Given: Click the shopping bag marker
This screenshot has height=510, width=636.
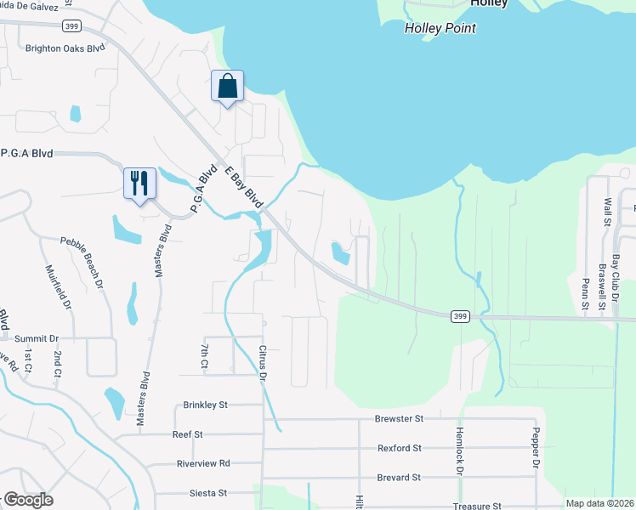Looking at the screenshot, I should [227, 87].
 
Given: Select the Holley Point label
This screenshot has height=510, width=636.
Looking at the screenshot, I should [440, 28].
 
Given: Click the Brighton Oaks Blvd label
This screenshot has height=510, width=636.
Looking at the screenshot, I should [65, 48].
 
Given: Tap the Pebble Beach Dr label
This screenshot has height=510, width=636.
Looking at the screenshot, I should [82, 261].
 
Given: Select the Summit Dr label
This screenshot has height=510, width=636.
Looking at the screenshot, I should [37, 338].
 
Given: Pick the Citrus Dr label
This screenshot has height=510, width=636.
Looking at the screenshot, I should [264, 362].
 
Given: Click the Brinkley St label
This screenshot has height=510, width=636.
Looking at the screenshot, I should [206, 405].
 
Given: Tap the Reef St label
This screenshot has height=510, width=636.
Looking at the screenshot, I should [187, 434].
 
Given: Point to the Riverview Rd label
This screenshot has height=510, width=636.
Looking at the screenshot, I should [203, 463].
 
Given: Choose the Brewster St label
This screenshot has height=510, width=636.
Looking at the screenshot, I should [399, 419].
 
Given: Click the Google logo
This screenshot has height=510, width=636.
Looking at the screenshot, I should [28, 500].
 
